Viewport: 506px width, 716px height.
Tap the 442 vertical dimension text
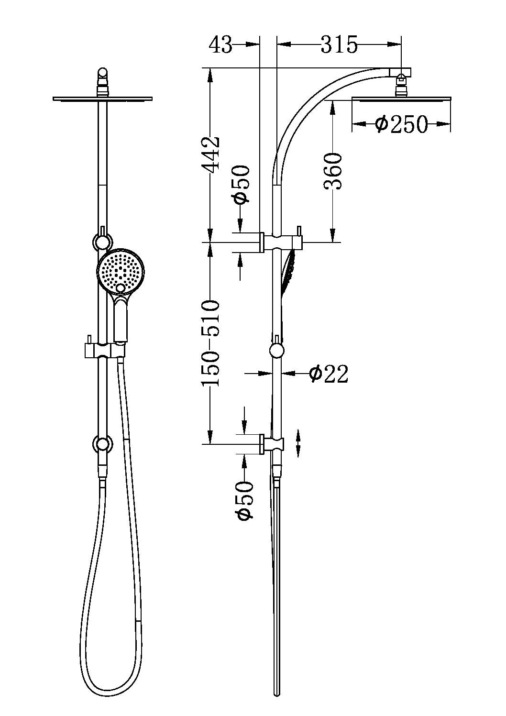point(211,154)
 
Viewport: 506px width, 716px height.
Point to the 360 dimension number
point(333,171)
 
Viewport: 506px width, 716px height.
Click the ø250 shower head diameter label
point(401,124)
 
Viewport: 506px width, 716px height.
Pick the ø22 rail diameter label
point(329,374)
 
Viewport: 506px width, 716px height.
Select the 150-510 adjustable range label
point(211,343)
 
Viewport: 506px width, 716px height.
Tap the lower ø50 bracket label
point(244,501)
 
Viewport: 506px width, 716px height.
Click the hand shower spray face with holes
point(121,271)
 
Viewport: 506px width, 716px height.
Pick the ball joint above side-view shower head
point(401,88)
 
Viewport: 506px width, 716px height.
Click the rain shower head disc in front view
point(102,99)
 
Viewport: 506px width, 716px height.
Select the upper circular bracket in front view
point(102,242)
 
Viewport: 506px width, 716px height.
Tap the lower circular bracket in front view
point(102,444)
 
